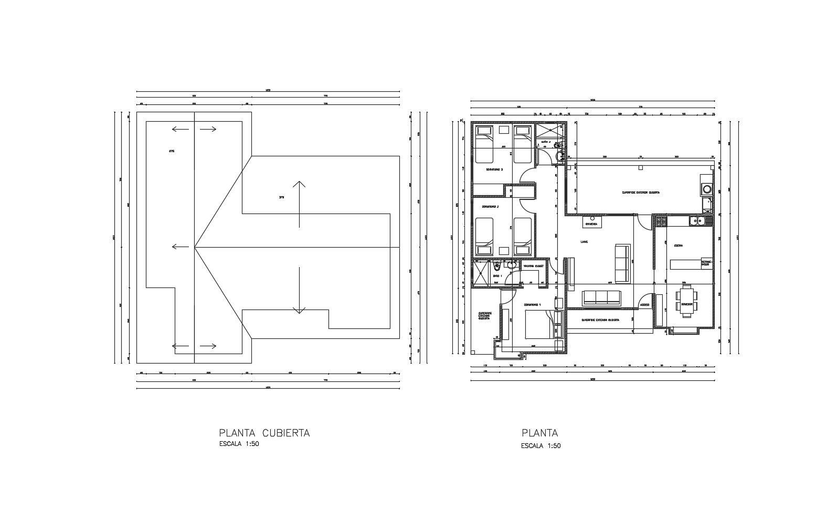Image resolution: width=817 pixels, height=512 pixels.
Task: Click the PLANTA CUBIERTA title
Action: [x=264, y=433]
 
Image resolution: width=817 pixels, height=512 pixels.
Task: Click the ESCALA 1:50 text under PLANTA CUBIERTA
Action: [x=239, y=444]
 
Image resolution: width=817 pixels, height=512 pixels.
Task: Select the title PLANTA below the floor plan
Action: [x=540, y=433]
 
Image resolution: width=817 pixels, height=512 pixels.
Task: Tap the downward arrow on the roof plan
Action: [x=299, y=290]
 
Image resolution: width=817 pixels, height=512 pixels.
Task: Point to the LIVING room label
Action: [x=584, y=242]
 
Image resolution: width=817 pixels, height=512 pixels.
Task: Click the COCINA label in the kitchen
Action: [x=678, y=246]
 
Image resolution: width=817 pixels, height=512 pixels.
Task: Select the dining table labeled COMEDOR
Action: [x=687, y=301]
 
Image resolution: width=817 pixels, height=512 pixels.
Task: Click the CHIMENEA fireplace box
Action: [x=591, y=223]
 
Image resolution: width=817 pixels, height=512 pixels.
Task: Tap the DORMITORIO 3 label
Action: [x=494, y=169]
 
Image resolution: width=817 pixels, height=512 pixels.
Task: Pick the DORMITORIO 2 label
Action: [x=490, y=207]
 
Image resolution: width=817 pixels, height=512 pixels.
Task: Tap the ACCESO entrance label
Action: [x=645, y=305]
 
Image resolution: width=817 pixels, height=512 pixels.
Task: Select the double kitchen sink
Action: [x=698, y=221]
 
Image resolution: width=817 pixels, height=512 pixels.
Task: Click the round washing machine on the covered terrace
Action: [x=707, y=189]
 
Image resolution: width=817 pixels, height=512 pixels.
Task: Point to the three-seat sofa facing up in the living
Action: [x=602, y=297]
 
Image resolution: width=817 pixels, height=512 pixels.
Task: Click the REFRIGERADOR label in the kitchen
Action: [x=707, y=263]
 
